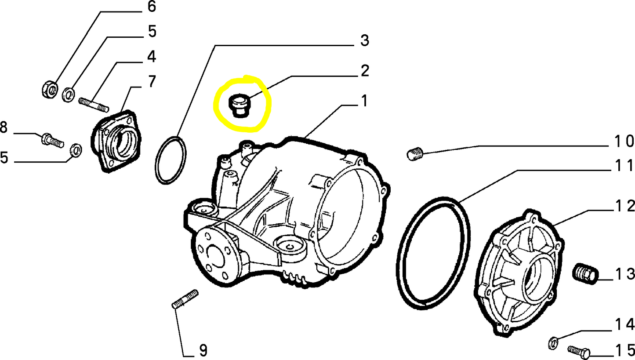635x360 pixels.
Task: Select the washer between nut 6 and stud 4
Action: [68, 94]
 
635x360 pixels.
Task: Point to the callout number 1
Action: [364, 102]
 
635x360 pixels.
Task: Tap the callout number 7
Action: [151, 81]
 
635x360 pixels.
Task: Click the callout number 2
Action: [364, 71]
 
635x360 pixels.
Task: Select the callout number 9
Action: [202, 350]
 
